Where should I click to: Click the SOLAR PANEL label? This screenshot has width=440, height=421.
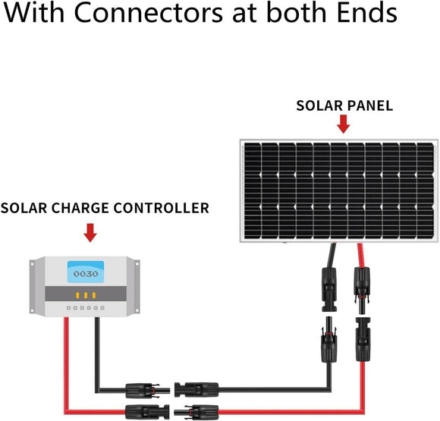tap(344, 105)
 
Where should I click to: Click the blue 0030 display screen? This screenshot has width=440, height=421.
tap(84, 272)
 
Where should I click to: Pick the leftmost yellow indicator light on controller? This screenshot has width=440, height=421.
tap(77, 294)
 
